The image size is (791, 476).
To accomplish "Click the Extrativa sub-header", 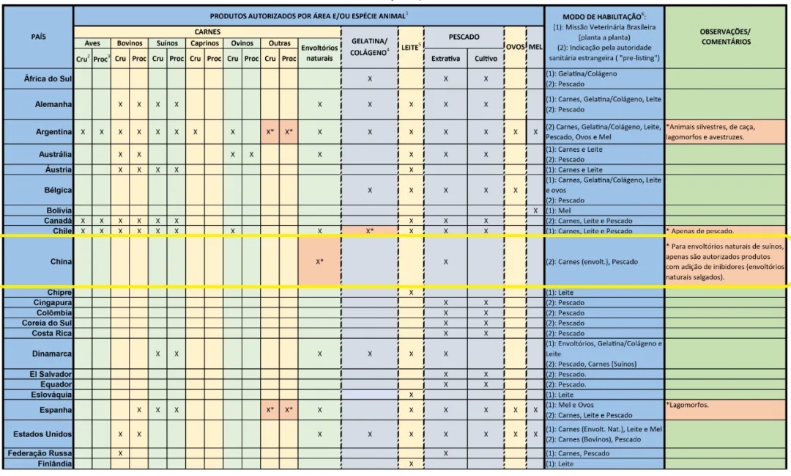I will [x=445, y=58].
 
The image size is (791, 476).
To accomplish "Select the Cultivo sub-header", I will [x=485, y=58].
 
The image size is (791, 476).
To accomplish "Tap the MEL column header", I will [x=535, y=47].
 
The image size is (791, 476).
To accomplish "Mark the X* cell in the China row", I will [x=319, y=262].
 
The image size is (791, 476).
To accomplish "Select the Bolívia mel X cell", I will [x=535, y=210].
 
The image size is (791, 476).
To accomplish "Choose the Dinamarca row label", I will [x=48, y=354].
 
